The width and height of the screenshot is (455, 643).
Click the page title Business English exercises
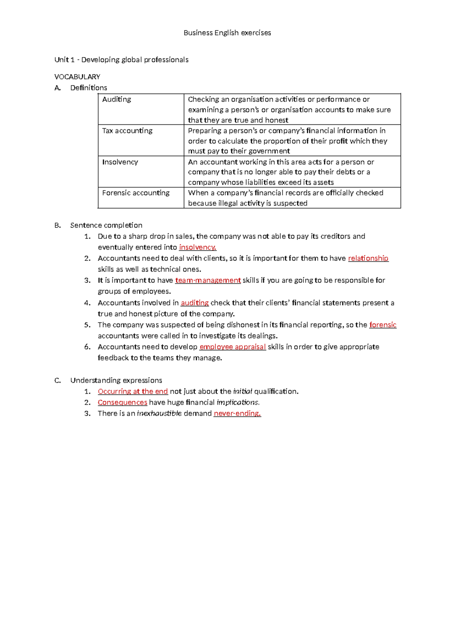coord(227,33)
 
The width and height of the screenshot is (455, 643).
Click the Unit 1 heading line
coord(121,60)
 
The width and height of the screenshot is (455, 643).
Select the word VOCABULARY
coord(77,77)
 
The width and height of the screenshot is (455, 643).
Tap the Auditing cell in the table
coord(117,100)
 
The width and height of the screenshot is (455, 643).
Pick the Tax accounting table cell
coord(127,131)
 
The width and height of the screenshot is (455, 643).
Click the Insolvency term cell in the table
coord(120,162)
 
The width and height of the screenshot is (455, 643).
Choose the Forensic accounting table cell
coord(136,193)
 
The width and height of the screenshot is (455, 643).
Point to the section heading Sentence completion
coord(106,226)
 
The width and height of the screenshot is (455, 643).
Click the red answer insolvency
coord(197,248)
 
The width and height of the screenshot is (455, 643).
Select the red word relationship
coord(368,259)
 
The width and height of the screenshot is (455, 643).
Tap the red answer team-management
coord(208,281)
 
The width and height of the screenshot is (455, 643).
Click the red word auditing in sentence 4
coord(195,303)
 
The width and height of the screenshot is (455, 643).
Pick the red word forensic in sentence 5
coord(383,325)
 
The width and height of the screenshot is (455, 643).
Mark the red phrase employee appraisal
coord(232,347)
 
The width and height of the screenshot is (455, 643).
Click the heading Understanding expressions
coord(116,381)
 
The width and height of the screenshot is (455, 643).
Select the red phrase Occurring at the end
coord(133,392)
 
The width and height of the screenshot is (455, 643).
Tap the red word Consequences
coord(122,403)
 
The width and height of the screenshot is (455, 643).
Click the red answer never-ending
coord(237,414)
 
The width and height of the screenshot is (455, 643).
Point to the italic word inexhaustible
coord(159,414)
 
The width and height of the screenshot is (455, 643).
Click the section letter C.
coord(57,381)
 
